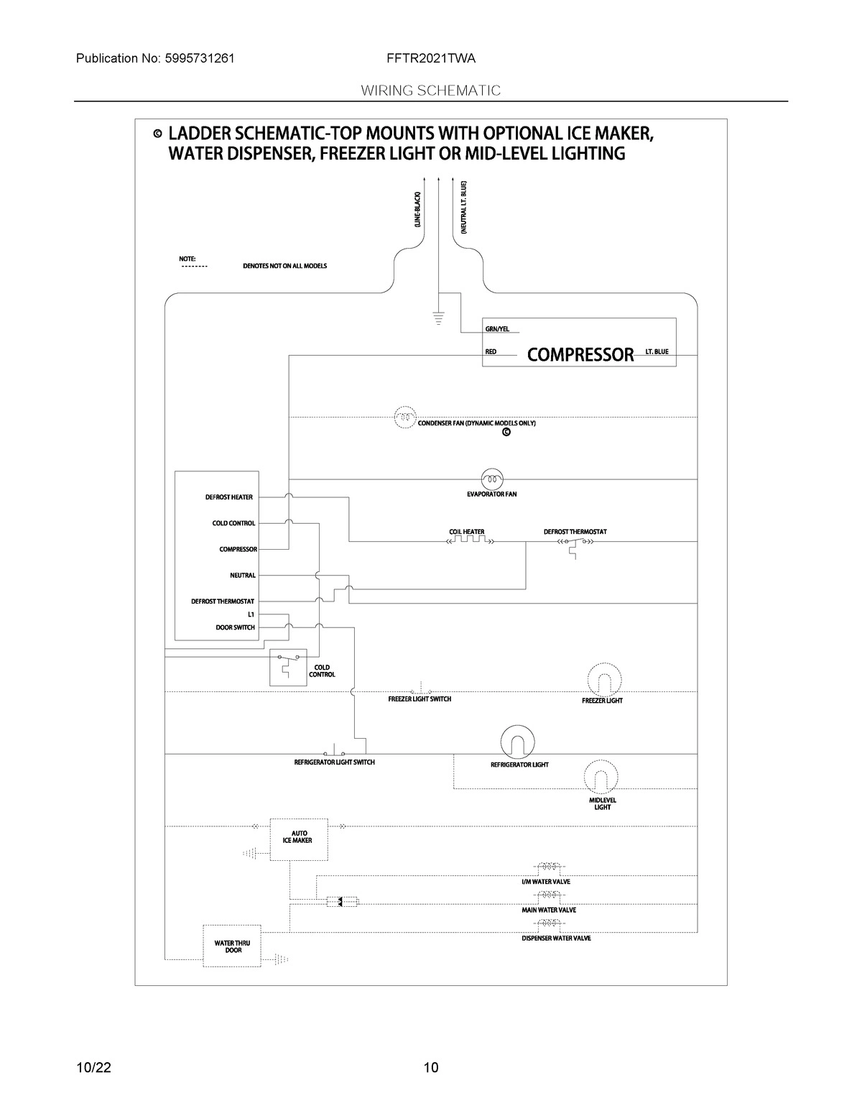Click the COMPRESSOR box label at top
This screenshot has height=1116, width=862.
pyautogui.click(x=580, y=354)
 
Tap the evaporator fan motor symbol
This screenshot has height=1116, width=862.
pyautogui.click(x=491, y=479)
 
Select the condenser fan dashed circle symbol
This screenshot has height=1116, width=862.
pyautogui.click(x=404, y=417)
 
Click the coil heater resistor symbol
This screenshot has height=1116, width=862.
pyautogui.click(x=468, y=541)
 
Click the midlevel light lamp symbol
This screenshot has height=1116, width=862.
pyautogui.click(x=600, y=776)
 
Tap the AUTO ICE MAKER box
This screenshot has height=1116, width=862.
pyautogui.click(x=298, y=839)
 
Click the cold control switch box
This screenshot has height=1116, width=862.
pyautogui.click(x=288, y=667)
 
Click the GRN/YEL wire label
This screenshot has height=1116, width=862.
pyautogui.click(x=497, y=329)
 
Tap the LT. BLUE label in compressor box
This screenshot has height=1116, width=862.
pyautogui.click(x=657, y=352)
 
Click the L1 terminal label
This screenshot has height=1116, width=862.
pyautogui.click(x=251, y=614)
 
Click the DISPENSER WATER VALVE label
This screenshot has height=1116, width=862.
pyautogui.click(x=556, y=939)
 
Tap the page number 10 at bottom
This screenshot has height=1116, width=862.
pyautogui.click(x=430, y=1067)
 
